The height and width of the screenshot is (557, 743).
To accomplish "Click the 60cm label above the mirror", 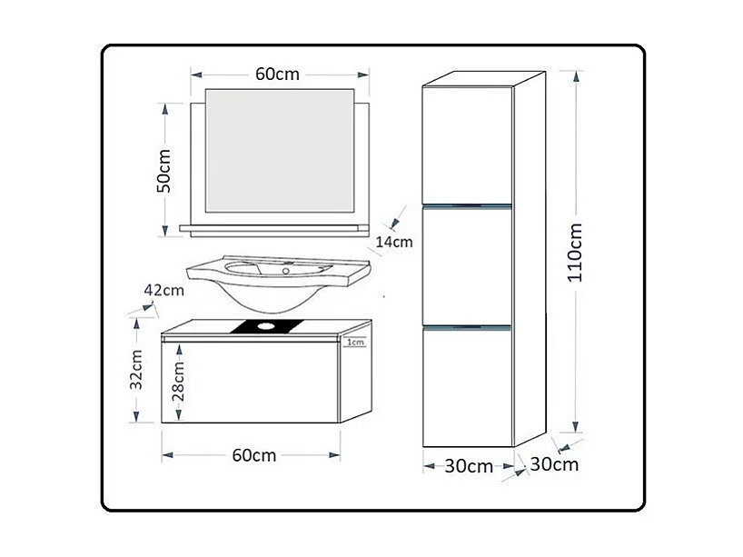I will (276, 74).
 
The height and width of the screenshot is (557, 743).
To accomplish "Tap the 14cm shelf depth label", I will (394, 242).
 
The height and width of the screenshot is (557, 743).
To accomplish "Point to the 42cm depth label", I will (164, 291).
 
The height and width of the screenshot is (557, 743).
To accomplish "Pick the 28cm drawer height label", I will (180, 380).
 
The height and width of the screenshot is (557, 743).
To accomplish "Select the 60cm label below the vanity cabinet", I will (253, 455).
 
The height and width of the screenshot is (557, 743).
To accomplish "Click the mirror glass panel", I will (280, 150).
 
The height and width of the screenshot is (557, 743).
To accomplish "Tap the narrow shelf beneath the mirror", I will (275, 229).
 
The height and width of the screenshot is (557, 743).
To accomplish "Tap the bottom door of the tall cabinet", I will (468, 386).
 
